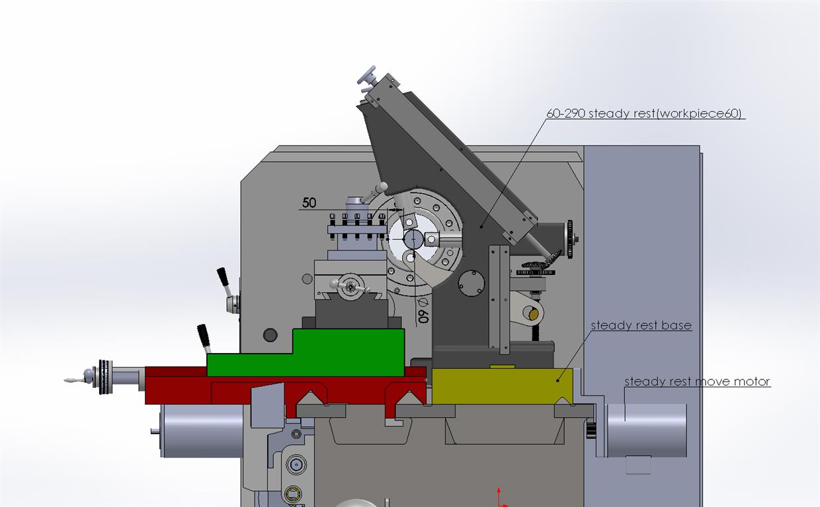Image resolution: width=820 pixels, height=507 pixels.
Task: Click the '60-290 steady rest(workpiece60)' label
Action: pos(644,114)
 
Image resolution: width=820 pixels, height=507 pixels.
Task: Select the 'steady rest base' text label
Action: pos(641,325)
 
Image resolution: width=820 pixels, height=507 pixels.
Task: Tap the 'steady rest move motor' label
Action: pos(698,381)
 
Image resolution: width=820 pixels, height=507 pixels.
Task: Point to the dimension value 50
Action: pos(309,203)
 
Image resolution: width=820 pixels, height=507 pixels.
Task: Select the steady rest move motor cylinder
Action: pos(646,430)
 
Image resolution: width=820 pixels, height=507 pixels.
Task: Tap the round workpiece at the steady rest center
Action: pos(413,239)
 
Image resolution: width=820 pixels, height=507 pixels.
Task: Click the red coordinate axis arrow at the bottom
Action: pos(499,497)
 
